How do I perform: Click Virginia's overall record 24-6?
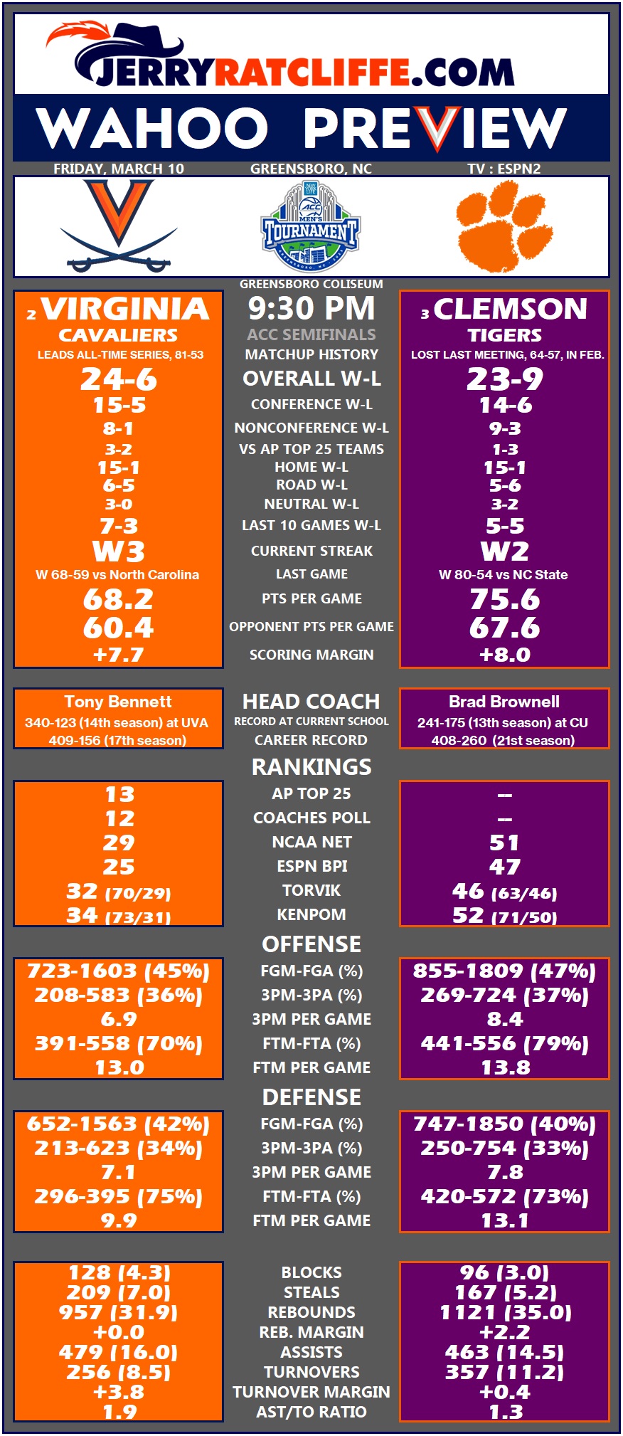coord(119,379)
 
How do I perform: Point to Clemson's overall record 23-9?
coord(504,379)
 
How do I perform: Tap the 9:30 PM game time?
coord(311,309)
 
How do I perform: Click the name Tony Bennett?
coord(118,702)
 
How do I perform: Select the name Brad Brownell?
coord(504,702)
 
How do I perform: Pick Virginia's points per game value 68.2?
coord(118,600)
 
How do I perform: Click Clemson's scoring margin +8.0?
coord(504,655)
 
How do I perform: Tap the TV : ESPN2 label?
coord(504,169)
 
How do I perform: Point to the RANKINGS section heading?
coord(311,766)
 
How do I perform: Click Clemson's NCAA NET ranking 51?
coord(504,843)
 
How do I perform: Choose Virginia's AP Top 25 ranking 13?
coord(119,794)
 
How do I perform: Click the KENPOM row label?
coord(311,914)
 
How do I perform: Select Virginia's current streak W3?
coord(118,551)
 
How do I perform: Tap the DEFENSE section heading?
coord(311,1097)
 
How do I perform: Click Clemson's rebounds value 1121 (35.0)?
coord(505,1312)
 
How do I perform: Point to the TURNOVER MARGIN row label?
coord(311,1392)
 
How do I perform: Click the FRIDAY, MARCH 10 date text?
coord(119,169)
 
